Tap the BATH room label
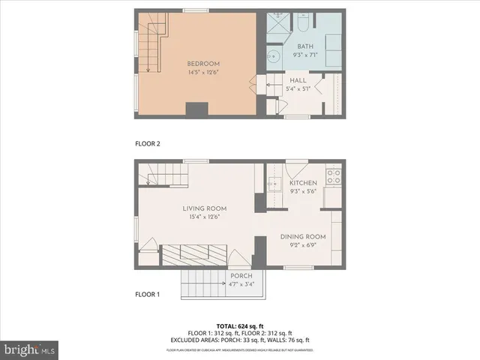point(305,46)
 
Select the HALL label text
point(298,80)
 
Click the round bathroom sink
point(274,55)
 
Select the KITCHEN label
point(304,183)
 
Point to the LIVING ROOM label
point(205,208)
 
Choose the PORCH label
point(241,276)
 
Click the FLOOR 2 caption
point(148,142)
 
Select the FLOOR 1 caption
point(148,294)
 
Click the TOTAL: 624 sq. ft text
point(240,326)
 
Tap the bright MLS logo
point(29,349)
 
